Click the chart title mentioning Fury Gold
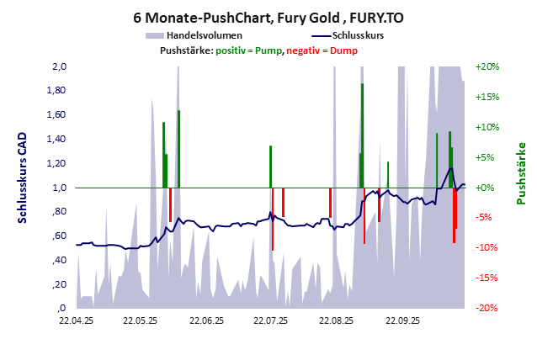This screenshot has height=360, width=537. (268, 17)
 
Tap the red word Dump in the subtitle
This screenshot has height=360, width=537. (343, 50)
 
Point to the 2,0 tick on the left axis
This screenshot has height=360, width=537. (60, 66)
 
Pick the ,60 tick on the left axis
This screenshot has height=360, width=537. (59, 236)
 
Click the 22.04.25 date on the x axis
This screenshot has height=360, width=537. (76, 320)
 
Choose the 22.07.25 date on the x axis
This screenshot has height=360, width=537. (271, 320)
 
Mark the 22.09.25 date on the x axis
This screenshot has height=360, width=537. (402, 320)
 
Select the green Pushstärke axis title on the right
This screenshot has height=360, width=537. (521, 173)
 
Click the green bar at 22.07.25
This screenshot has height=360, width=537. (270, 167)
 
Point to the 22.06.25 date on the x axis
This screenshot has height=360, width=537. (206, 320)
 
